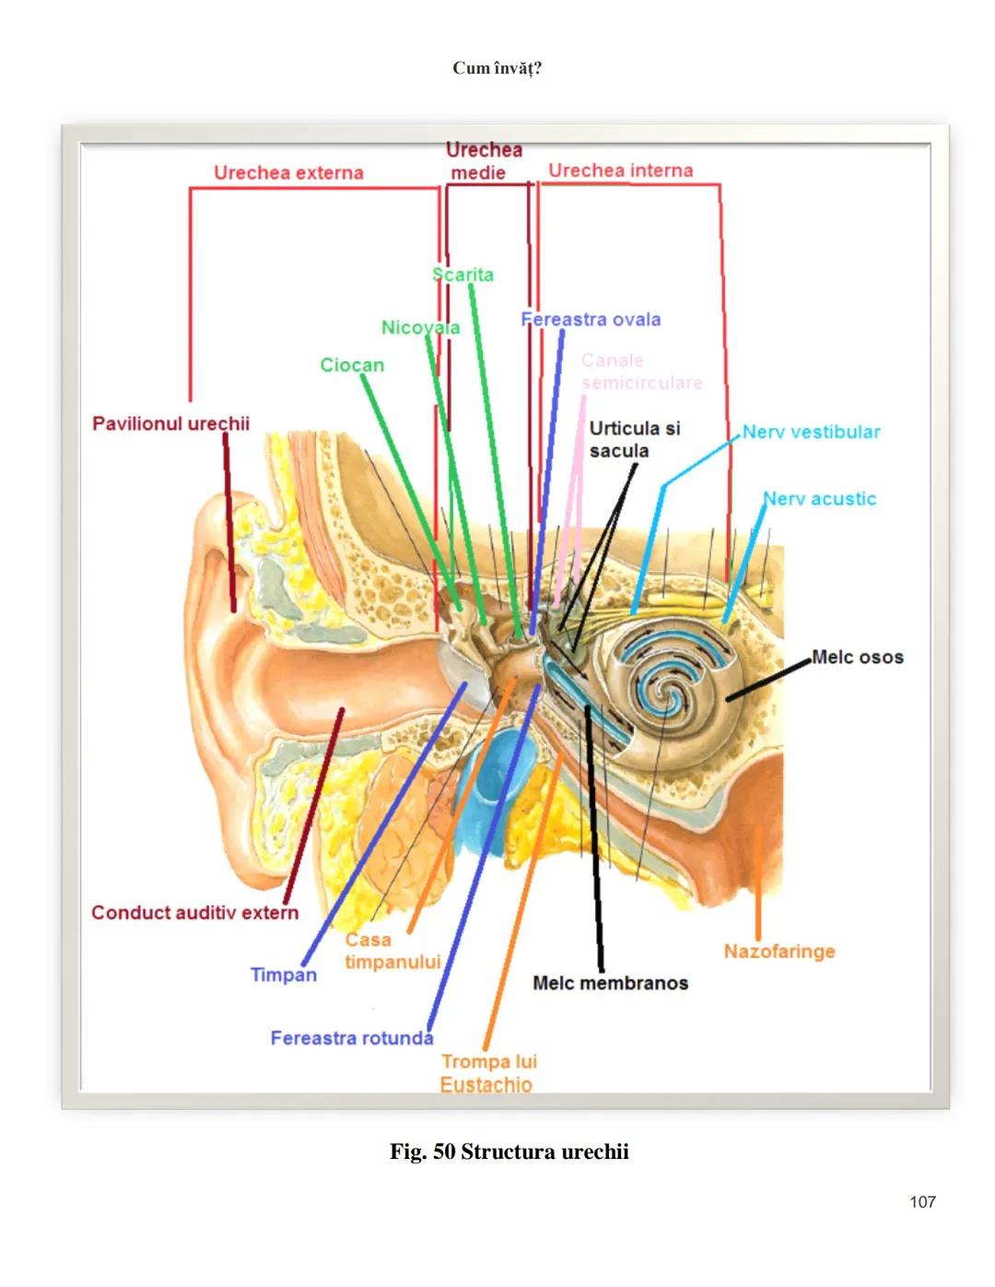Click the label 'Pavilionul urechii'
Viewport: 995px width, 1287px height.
coord(170,424)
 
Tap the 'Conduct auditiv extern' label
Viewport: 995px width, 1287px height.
coord(194,913)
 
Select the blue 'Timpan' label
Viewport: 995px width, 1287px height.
coord(283,975)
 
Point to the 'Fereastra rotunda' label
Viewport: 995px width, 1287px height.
coord(351,1038)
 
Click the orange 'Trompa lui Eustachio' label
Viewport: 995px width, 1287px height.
coord(487,1073)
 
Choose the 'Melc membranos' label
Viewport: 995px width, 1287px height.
coord(610,983)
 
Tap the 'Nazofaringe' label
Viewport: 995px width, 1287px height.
coord(778,952)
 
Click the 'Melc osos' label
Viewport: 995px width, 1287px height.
coord(857,658)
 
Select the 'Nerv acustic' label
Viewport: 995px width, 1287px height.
coord(819,499)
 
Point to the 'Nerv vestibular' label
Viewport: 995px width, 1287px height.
coord(811,432)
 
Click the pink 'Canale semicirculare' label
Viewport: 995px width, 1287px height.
coord(640,371)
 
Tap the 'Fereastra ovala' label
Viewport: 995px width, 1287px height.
coord(591,320)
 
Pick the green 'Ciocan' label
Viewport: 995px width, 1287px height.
coord(352,366)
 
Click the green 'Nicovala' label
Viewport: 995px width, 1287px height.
coord(420,328)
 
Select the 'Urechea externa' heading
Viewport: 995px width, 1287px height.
coord(288,173)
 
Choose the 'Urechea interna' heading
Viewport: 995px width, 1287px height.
coord(620,170)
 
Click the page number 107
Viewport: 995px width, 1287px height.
coord(921,1201)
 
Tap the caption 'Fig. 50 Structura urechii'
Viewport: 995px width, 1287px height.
coord(509,1152)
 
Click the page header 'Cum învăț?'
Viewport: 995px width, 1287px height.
coord(497,68)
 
